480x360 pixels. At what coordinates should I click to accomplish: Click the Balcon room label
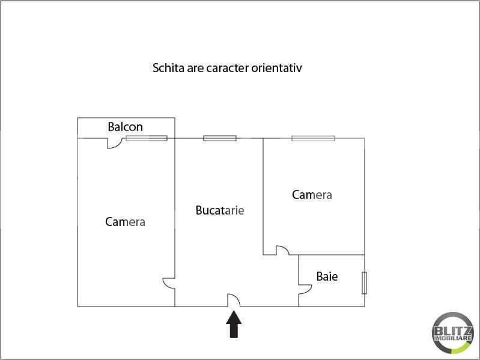tap(125, 127)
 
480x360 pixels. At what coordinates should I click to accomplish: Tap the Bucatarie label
tap(220, 210)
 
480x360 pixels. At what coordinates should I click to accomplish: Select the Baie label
tap(327, 276)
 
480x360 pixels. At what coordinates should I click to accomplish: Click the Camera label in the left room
tap(125, 222)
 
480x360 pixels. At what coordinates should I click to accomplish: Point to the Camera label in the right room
tap(312, 195)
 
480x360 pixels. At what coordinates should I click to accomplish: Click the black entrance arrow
tap(234, 324)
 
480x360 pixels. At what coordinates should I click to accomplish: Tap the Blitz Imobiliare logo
tap(453, 333)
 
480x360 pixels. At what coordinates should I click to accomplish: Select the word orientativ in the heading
tap(277, 68)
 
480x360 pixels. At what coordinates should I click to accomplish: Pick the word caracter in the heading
tap(228, 68)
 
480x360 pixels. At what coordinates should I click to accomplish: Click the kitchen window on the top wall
tap(220, 138)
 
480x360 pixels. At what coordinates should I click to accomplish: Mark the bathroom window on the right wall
tap(364, 283)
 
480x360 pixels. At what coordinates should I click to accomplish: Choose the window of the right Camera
tap(313, 138)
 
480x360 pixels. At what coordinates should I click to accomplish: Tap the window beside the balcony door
tap(147, 138)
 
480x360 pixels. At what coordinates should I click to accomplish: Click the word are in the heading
tap(195, 69)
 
